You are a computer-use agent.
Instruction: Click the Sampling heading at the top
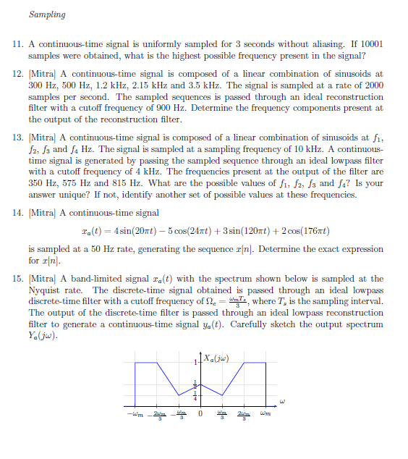click(47, 14)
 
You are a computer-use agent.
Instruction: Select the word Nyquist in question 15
click(46, 290)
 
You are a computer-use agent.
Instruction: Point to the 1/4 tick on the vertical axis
click(194, 395)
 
